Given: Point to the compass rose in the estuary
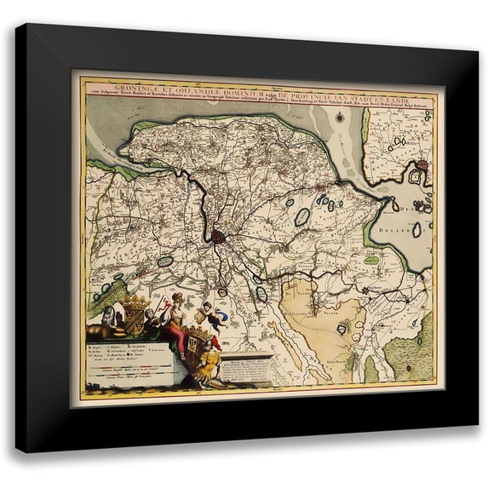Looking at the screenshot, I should coord(333,128).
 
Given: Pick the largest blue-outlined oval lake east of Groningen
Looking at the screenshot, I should coord(301,217).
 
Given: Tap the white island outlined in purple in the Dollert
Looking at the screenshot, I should coord(416,230).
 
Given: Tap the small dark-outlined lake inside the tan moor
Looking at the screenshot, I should coord(342,328).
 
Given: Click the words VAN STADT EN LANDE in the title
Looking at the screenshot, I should coord(370,84).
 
